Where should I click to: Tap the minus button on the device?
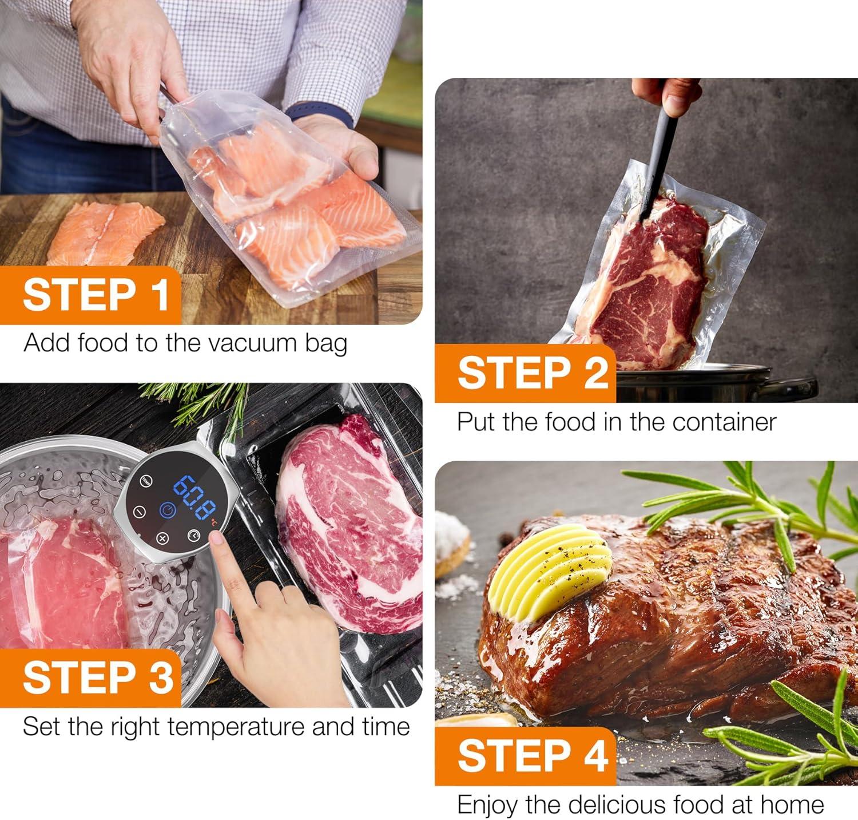(x=139, y=512)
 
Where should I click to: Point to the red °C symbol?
(x=213, y=521)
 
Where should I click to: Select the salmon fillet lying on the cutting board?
(x=105, y=232)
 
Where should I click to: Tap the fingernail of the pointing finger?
(x=217, y=538)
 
